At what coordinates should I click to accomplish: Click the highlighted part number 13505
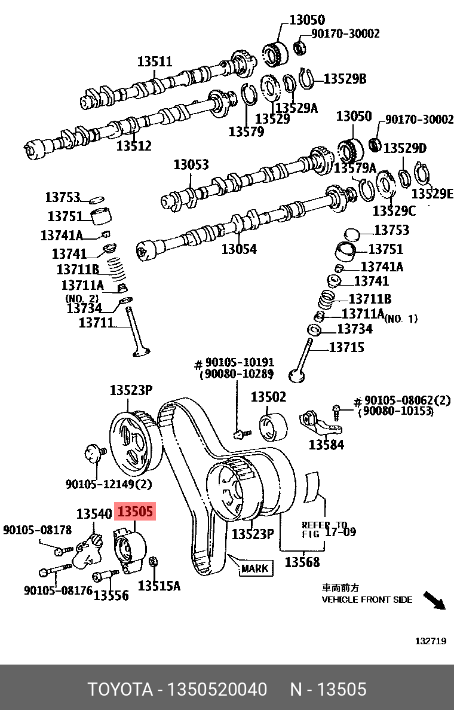click(x=135, y=511)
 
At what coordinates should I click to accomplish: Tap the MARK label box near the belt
click(x=256, y=568)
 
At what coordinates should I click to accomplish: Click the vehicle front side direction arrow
click(x=434, y=600)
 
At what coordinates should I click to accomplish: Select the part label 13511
click(x=155, y=62)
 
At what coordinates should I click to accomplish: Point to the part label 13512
click(x=134, y=146)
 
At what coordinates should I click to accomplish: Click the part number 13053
click(x=191, y=164)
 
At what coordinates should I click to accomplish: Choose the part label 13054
click(x=239, y=249)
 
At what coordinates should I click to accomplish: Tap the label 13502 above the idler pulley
click(x=268, y=397)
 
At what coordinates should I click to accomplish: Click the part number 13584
click(x=326, y=445)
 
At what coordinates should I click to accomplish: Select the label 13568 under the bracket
click(x=302, y=562)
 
